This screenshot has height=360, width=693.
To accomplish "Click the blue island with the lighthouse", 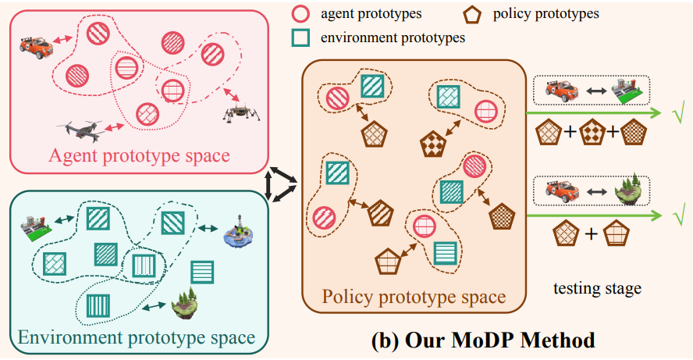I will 240,234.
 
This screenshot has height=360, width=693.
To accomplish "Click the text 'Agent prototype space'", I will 140,155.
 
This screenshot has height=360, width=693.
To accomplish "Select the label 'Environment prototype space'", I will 136,337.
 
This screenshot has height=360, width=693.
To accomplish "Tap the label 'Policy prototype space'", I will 414,297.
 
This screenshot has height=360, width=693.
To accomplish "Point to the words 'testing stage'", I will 597,288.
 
